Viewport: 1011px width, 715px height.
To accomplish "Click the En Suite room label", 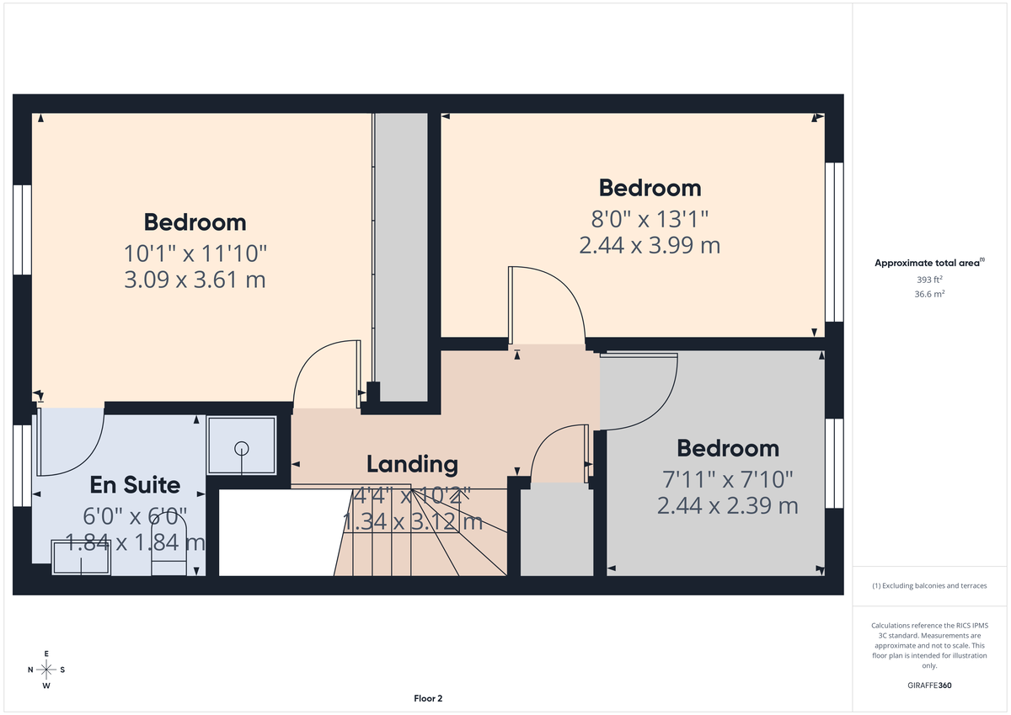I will [135, 485].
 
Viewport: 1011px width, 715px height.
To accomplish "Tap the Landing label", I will [412, 464].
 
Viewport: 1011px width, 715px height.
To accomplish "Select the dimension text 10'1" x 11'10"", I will [195, 253].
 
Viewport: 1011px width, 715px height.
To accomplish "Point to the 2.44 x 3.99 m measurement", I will [650, 245].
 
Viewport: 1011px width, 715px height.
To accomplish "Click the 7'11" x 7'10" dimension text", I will [727, 480].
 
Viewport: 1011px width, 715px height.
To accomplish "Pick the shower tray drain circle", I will [242, 448].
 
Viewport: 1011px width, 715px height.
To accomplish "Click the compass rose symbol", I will [46, 670].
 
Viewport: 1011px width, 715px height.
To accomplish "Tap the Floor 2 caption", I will [428, 698].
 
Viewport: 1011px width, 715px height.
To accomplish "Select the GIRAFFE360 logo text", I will [930, 686].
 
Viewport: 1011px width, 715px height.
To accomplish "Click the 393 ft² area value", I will [930, 280].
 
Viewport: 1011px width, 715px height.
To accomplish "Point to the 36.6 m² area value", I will [930, 294].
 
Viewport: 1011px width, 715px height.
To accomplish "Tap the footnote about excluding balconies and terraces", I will [929, 585].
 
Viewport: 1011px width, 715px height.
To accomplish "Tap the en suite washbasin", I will [82, 558].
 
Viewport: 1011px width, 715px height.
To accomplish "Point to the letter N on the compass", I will [30, 670].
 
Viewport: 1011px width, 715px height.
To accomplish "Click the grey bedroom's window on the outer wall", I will [833, 463].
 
